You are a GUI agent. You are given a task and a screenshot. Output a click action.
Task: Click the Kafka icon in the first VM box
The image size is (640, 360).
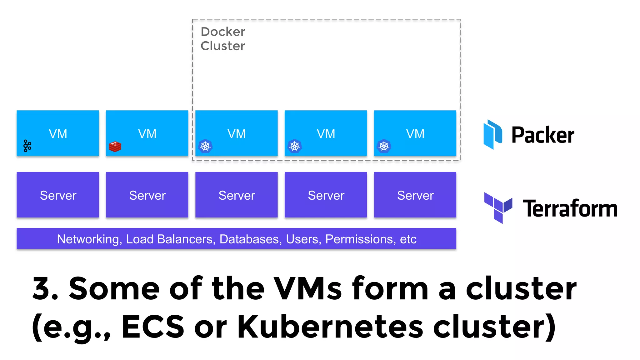tap(27, 146)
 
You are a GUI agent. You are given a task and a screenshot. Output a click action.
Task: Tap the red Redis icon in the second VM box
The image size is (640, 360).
tap(115, 147)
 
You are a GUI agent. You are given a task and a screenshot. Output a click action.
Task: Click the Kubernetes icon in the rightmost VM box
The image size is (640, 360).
tap(384, 146)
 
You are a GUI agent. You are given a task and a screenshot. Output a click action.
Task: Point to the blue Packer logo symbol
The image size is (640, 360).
tap(492, 134)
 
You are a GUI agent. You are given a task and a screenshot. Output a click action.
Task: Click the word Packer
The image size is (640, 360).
tap(543, 135)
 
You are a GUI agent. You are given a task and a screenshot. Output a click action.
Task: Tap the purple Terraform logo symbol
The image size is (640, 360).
tap(498, 207)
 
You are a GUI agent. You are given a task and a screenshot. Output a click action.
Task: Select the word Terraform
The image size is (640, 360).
tap(570, 208)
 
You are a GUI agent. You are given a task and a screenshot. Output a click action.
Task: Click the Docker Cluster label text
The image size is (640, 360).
tap(222, 39)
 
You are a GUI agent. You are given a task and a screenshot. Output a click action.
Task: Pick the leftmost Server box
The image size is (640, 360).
tap(58, 195)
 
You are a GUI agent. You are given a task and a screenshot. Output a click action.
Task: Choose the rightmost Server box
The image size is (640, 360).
tap(415, 195)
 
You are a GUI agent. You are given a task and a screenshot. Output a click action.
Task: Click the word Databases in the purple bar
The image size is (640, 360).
tap(249, 239)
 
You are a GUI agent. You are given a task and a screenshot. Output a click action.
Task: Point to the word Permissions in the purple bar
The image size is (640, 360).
tap(358, 239)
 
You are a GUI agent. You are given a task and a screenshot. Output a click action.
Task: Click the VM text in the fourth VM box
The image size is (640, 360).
tap(326, 134)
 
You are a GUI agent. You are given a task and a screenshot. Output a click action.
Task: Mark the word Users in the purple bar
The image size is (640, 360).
tap(302, 239)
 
